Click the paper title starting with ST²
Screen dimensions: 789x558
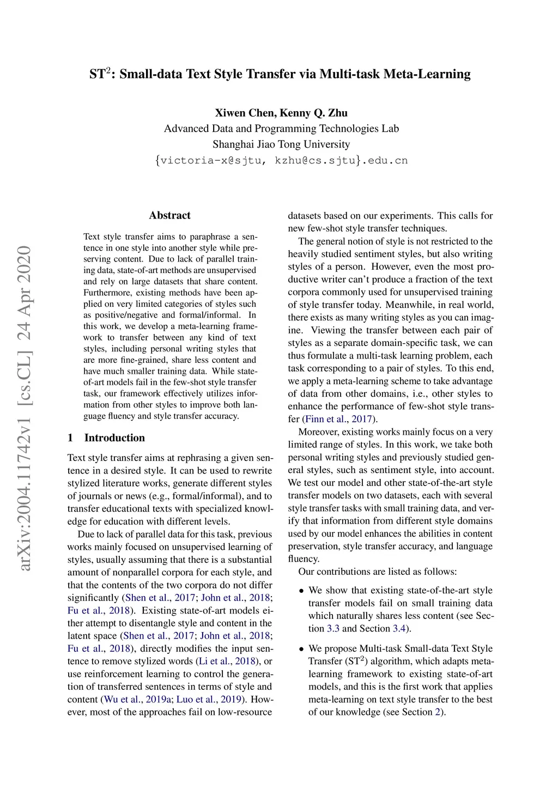click(280, 74)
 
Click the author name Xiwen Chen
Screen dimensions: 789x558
click(245, 113)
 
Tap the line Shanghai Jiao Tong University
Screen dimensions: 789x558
click(281, 144)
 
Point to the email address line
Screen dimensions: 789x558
click(281, 160)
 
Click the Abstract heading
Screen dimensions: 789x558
click(169, 215)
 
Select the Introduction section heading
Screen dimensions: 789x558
click(114, 438)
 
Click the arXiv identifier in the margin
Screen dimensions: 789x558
click(25, 409)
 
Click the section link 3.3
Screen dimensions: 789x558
click(333, 628)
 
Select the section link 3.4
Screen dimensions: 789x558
click(399, 628)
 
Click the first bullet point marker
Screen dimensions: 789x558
click(301, 591)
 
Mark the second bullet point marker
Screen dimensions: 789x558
click(301, 649)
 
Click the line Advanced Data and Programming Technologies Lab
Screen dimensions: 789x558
click(281, 129)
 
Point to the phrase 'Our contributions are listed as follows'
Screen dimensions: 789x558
click(377, 572)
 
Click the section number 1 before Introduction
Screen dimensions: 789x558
click(70, 438)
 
